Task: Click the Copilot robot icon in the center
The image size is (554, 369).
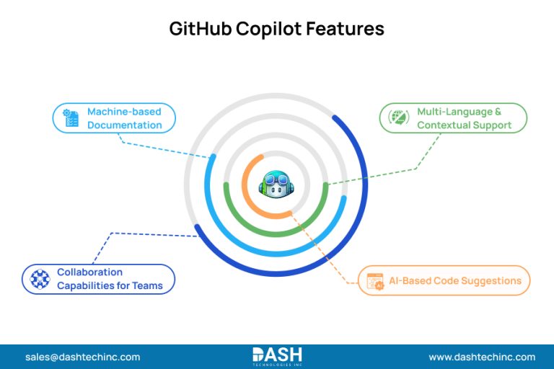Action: point(277,184)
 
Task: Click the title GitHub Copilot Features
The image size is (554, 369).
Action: point(277,30)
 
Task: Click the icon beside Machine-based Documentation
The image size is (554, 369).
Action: point(71,118)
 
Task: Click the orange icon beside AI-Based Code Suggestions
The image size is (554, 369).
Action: point(375,281)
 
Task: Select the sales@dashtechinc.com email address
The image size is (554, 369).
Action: point(82,357)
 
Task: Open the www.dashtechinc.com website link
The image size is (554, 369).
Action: point(482,357)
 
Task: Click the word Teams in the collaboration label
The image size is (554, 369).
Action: point(147,285)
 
